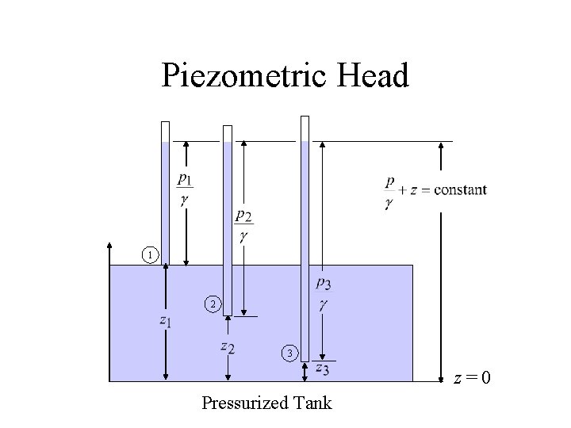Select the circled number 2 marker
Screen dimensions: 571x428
(x=211, y=304)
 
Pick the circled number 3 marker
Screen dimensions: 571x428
(x=291, y=353)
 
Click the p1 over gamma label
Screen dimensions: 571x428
(x=184, y=189)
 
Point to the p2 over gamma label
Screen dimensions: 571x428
(x=243, y=226)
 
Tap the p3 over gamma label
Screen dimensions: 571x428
(x=324, y=293)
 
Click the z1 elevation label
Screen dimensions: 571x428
(x=165, y=321)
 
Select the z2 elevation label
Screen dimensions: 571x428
(x=227, y=346)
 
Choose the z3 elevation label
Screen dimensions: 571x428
(x=322, y=368)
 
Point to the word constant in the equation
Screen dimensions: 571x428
(x=461, y=190)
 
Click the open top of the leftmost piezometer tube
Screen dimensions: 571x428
(x=165, y=123)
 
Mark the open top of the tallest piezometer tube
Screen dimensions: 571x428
(x=305, y=118)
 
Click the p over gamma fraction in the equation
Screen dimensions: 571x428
(x=389, y=192)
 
